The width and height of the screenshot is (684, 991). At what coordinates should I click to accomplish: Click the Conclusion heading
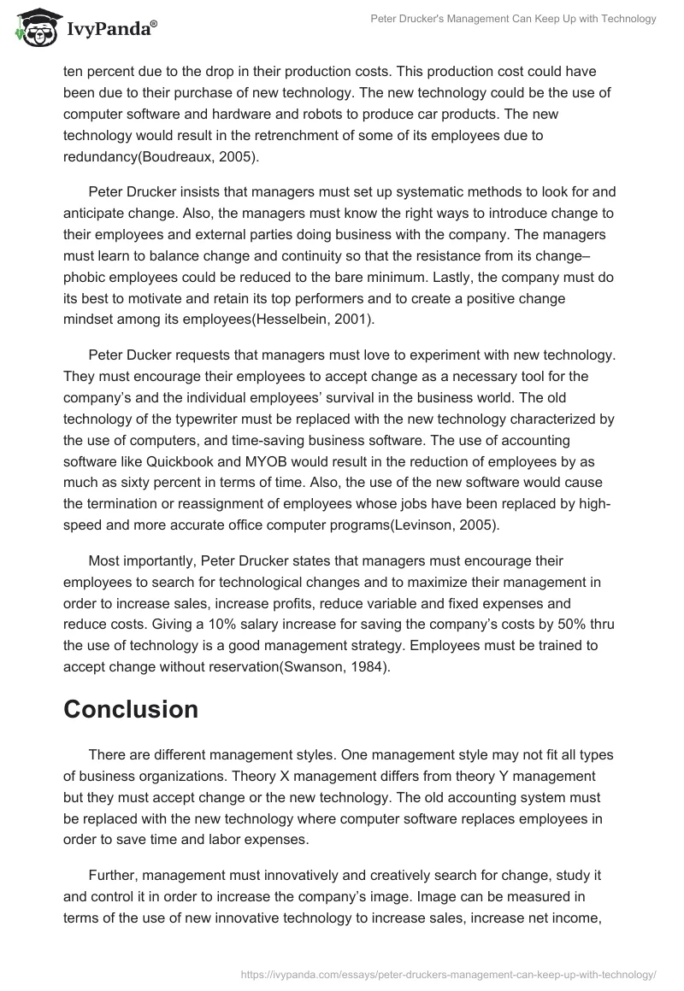click(131, 709)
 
